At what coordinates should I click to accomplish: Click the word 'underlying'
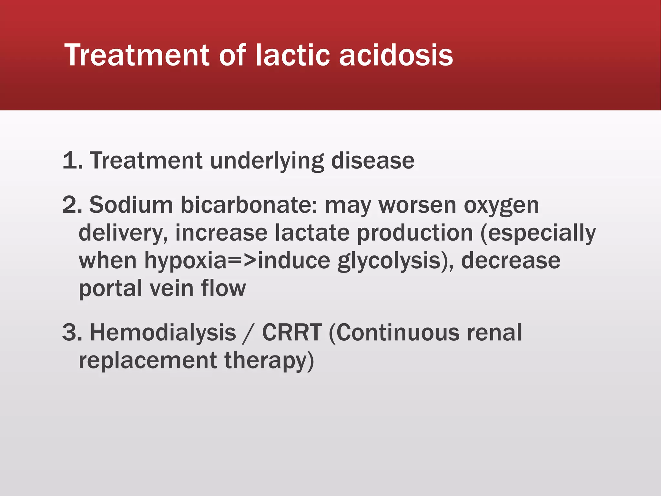pos(267,161)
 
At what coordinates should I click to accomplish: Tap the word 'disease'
pos(373,161)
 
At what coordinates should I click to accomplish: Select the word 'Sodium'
pos(131,205)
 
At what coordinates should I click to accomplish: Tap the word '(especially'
pos(538,233)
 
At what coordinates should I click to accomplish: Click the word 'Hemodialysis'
pos(163,332)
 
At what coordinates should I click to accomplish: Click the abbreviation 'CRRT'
pos(292,332)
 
